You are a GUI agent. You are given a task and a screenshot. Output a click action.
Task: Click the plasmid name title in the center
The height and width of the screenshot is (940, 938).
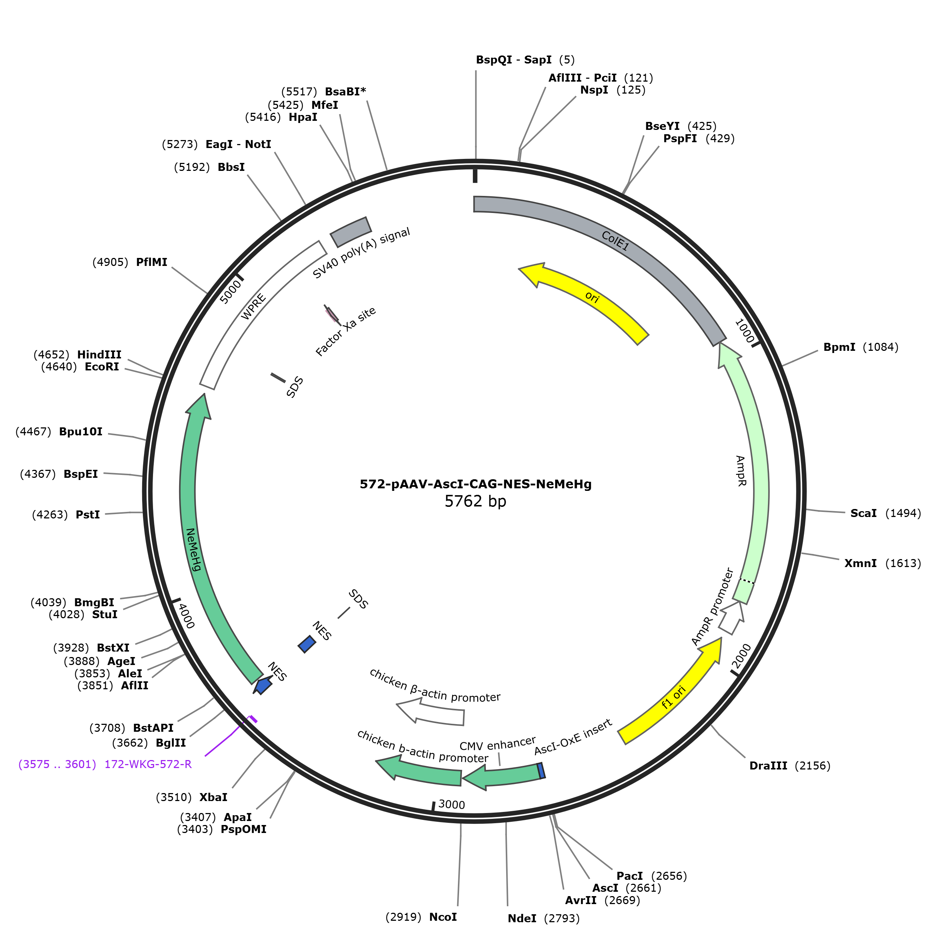point(476,484)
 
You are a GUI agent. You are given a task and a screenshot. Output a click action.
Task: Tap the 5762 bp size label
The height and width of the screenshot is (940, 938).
point(476,501)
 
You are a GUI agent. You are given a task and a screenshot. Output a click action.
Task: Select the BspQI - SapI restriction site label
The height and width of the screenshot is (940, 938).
point(513,60)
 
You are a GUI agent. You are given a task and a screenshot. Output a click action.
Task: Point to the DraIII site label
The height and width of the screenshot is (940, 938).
point(768,766)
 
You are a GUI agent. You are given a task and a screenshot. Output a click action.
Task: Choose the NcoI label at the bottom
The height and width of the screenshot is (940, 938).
point(443,917)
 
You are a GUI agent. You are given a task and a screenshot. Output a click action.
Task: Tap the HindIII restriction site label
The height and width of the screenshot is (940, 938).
point(99,355)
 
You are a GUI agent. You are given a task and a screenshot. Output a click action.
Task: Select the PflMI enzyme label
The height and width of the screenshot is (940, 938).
point(152,262)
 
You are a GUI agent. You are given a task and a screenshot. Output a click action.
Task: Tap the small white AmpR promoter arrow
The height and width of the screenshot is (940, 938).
point(732,617)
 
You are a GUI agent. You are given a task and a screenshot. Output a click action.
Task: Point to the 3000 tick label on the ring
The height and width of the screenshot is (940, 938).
point(451,805)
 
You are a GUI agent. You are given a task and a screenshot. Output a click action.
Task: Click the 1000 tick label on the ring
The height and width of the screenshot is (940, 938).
point(744,331)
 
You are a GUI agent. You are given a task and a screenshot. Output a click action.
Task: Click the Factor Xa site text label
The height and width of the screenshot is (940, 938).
point(346,331)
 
